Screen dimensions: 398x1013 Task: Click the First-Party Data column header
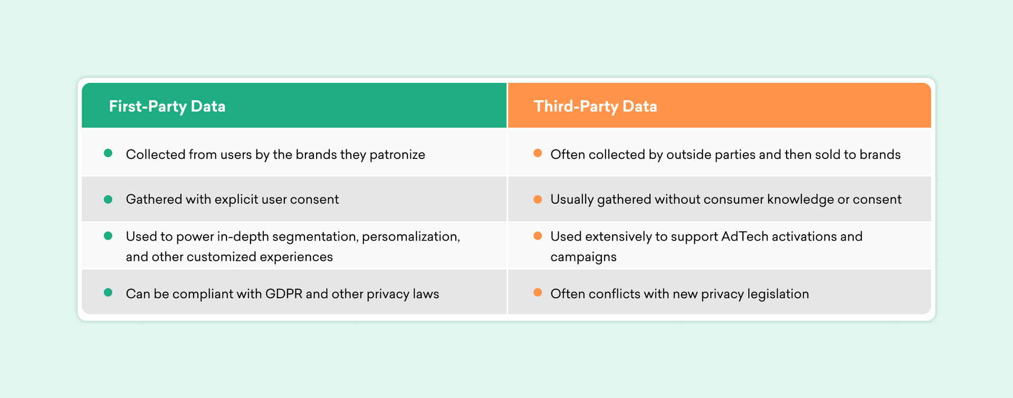point(167,106)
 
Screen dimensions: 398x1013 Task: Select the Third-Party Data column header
point(595,106)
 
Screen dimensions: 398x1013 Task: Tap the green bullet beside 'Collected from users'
point(108,154)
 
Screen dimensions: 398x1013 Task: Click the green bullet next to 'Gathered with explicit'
point(108,199)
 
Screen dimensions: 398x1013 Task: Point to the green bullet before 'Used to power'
point(108,236)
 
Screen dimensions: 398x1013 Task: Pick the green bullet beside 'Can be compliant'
point(108,293)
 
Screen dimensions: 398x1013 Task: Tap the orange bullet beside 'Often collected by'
point(538,154)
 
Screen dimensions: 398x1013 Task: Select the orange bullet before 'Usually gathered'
point(538,199)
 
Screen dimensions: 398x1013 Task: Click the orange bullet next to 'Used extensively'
point(538,236)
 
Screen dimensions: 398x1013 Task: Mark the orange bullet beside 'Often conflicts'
point(538,293)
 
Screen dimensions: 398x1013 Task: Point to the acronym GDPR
point(284,294)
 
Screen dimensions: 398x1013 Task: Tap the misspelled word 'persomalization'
point(410,236)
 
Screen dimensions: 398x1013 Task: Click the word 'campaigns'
point(584,257)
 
